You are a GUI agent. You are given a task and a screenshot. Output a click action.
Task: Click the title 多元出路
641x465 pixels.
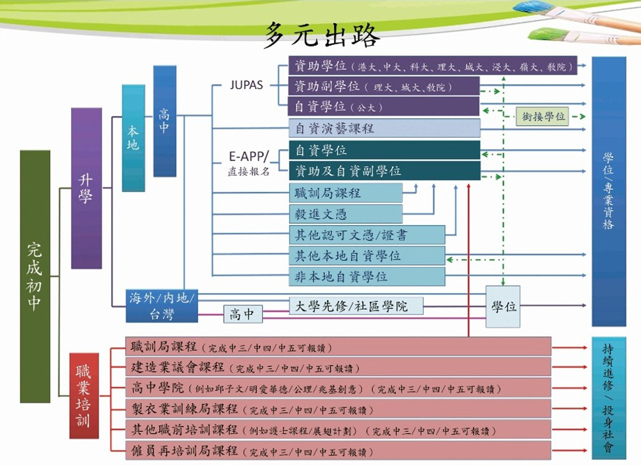pyautogui.click(x=322, y=37)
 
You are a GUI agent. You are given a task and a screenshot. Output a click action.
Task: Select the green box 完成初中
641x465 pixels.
pyautogui.click(x=35, y=276)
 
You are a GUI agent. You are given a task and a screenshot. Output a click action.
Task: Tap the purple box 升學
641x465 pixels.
pyautogui.click(x=86, y=188)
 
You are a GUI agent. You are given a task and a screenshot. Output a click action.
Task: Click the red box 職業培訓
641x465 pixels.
pyautogui.click(x=84, y=395)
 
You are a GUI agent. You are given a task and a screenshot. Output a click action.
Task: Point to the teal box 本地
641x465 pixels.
pyautogui.click(x=133, y=138)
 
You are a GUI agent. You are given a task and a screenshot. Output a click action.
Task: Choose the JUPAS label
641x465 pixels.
pyautogui.click(x=246, y=85)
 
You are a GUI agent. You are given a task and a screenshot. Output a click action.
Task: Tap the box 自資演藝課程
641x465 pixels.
pyautogui.click(x=385, y=128)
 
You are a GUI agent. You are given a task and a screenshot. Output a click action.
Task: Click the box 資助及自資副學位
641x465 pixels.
pyautogui.click(x=385, y=171)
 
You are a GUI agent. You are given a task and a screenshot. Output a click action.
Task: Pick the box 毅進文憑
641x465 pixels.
pyautogui.click(x=346, y=214)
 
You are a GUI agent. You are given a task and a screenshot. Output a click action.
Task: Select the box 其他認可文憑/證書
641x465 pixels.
pyautogui.click(x=367, y=235)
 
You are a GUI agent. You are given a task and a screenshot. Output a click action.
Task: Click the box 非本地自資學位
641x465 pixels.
pyautogui.click(x=367, y=276)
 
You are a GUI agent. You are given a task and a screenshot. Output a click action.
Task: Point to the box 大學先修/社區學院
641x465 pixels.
pyautogui.click(x=356, y=306)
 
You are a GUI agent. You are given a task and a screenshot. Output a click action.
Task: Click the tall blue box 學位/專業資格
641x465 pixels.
pyautogui.click(x=608, y=190)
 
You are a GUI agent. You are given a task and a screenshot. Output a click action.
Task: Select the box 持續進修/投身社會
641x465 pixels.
pyautogui.click(x=608, y=397)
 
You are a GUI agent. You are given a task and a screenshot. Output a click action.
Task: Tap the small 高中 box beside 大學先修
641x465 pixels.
pyautogui.click(x=242, y=314)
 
